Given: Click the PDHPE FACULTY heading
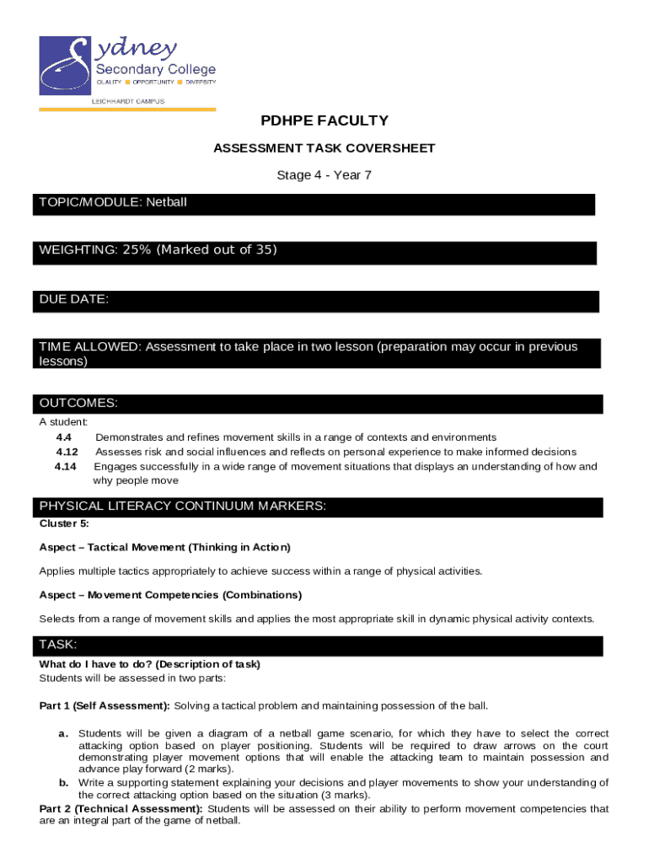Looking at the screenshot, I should click(x=324, y=121).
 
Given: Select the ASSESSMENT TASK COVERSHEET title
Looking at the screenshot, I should click(x=324, y=148).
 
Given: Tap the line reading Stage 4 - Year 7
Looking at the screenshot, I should click(x=324, y=175).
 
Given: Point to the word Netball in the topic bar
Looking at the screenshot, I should click(x=166, y=203).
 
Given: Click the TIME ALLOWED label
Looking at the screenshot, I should click(x=89, y=347).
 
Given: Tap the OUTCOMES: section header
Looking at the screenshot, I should click(x=78, y=403).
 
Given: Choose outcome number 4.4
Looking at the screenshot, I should click(x=63, y=437).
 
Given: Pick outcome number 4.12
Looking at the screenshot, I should click(x=67, y=452).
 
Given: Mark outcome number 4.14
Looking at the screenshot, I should click(x=66, y=466).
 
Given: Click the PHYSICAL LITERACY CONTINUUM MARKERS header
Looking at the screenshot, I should click(x=183, y=506).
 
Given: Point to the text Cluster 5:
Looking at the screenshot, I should click(x=64, y=523).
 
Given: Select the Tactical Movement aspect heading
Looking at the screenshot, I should click(x=164, y=547).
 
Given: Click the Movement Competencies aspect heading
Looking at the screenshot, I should click(x=170, y=595).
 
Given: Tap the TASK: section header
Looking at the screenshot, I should click(x=58, y=645).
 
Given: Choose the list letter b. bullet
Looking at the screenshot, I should click(x=63, y=783).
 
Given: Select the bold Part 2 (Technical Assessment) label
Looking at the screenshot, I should click(x=121, y=809).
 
